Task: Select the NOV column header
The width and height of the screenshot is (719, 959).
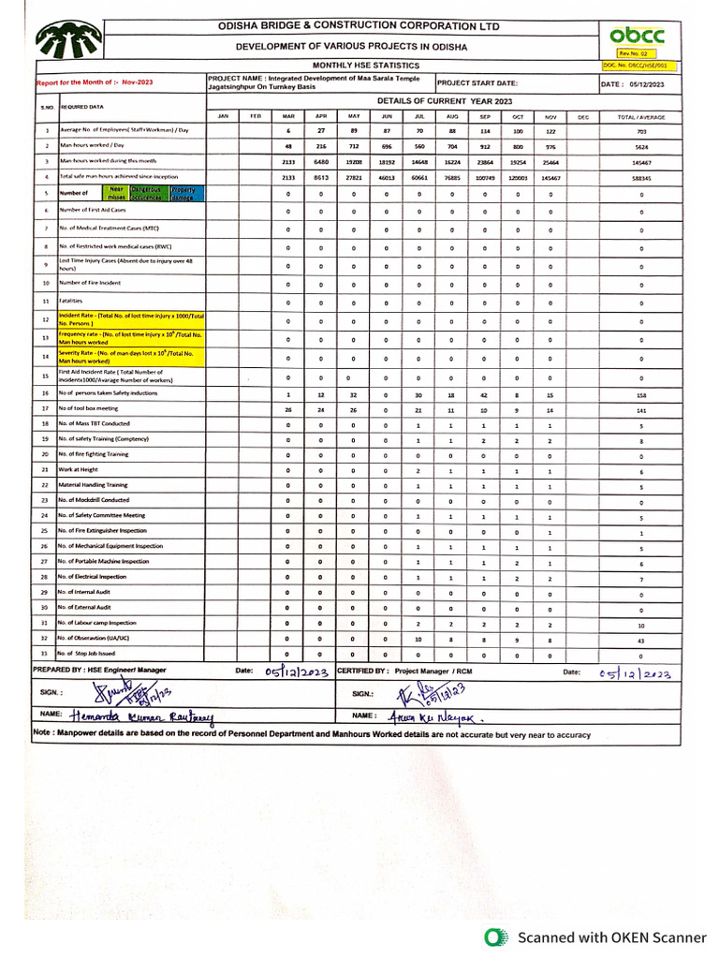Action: click(550, 116)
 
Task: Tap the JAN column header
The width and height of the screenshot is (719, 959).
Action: click(223, 116)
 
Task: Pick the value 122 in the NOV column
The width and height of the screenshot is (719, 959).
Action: click(550, 131)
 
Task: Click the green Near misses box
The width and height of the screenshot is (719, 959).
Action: click(116, 193)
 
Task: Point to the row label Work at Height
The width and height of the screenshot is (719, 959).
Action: click(80, 470)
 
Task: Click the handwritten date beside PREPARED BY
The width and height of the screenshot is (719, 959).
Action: click(296, 671)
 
